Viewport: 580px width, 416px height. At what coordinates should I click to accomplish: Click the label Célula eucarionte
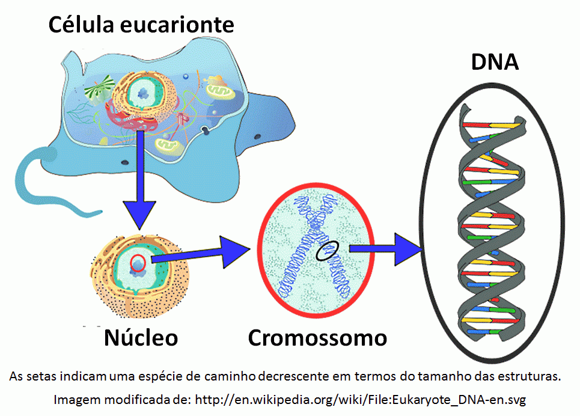click(141, 25)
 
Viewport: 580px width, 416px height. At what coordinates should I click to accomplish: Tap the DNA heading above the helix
click(495, 61)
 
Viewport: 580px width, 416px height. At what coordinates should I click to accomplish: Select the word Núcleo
click(141, 337)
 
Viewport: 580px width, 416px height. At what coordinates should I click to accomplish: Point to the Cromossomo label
click(317, 337)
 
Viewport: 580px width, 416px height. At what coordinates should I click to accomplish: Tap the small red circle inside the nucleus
click(138, 263)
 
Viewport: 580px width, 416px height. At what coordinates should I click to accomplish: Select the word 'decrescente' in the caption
click(290, 377)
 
